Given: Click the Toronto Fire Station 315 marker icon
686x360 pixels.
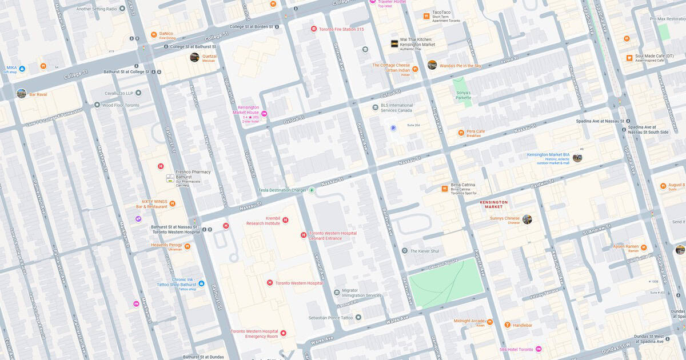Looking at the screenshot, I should (x=313, y=29).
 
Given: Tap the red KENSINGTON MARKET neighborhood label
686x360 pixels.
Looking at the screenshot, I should (x=493, y=204).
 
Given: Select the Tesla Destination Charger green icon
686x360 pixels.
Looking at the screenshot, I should (x=312, y=190).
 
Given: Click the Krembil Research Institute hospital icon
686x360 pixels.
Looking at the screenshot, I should (x=285, y=220).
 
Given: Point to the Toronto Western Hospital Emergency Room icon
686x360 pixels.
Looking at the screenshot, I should (x=283, y=333).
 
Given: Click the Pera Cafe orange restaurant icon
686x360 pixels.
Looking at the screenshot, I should (x=461, y=133).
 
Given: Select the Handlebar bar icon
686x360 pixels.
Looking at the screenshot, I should (x=506, y=325).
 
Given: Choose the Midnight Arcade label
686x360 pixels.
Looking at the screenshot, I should (x=469, y=321).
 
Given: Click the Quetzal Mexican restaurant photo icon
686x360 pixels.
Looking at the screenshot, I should (x=194, y=57).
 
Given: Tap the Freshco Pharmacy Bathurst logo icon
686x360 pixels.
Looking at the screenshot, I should (x=170, y=178).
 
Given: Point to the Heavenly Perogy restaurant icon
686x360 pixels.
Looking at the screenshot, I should (x=187, y=246).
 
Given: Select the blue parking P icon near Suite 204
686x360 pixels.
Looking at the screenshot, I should (x=393, y=128).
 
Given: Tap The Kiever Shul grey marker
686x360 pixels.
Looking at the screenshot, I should (x=405, y=251).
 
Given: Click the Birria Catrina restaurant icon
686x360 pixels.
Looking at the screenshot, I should (x=444, y=189).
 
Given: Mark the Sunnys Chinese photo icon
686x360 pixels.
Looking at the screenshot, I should (x=527, y=219).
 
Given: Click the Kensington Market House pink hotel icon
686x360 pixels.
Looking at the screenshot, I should (x=264, y=114).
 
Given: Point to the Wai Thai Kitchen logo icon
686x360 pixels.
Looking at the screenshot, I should (x=394, y=43).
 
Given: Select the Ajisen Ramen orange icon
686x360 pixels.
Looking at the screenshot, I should (x=644, y=247).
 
